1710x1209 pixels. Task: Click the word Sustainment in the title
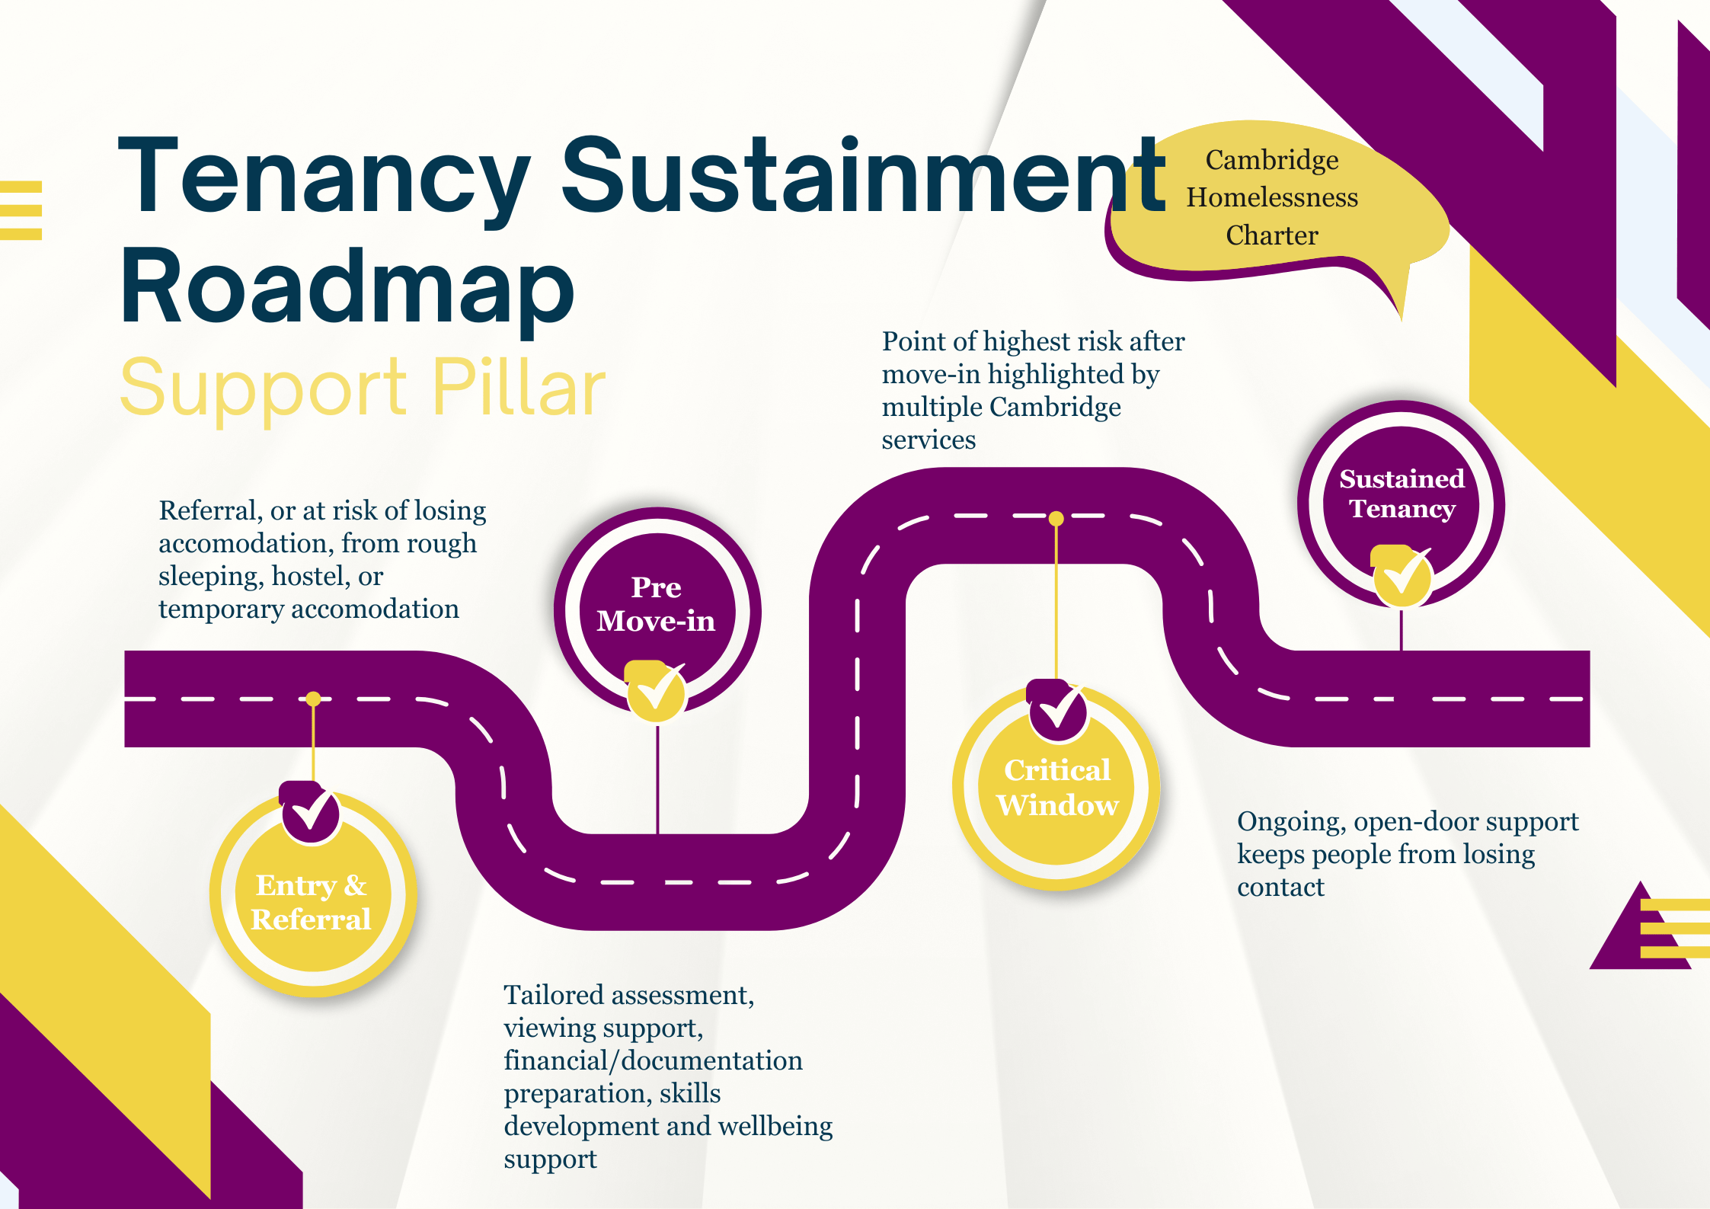click(x=864, y=177)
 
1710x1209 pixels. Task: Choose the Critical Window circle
click(x=1056, y=786)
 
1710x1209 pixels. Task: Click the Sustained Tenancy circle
click(x=1401, y=504)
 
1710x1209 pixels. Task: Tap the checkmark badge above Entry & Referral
click(x=309, y=812)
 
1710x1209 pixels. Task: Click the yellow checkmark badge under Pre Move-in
click(x=655, y=691)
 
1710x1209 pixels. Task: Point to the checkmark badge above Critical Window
click(x=1056, y=710)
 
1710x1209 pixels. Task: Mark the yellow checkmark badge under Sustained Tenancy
click(x=1401, y=576)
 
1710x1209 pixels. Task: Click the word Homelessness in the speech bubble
click(x=1272, y=197)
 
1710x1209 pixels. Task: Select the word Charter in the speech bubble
click(x=1272, y=235)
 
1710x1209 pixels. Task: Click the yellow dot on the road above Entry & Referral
click(x=313, y=699)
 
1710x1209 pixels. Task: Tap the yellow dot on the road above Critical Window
click(x=1056, y=519)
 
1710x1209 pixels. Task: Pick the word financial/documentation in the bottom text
click(x=653, y=1060)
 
